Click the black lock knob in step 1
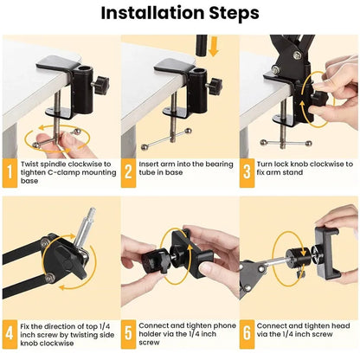[x=102, y=86]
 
